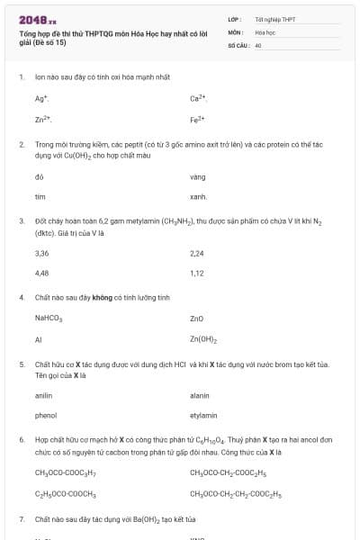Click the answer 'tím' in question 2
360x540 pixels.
pos(40,196)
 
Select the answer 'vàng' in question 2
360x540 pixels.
pos(198,176)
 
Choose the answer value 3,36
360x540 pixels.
pos(42,254)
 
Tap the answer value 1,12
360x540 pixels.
pos(197,274)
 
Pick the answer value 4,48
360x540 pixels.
pos(42,274)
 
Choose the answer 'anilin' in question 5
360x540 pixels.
pos(43,396)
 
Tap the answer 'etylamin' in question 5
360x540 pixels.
pos(203,416)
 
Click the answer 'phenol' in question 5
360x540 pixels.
pos(45,416)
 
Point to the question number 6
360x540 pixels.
pos(21,440)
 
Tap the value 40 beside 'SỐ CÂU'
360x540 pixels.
pos(258,44)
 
